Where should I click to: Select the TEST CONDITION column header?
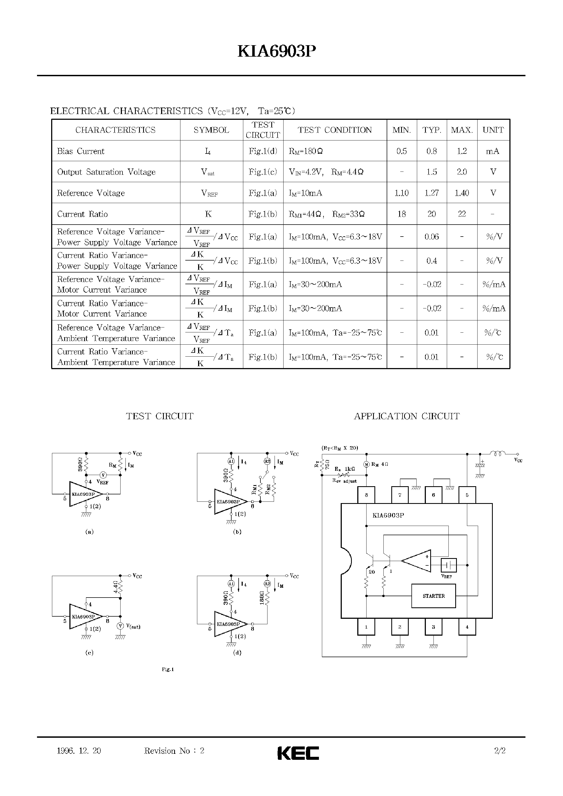click(334, 130)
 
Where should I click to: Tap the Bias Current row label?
click(81, 151)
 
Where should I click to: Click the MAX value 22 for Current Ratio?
click(462, 214)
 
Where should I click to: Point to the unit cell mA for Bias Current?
click(493, 151)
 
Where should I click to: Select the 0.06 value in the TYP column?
click(432, 237)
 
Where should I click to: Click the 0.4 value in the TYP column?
click(432, 261)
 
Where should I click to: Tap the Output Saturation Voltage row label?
click(106, 172)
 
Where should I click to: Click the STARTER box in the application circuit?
click(433, 596)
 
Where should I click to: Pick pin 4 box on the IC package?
click(467, 627)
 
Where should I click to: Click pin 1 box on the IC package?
click(366, 627)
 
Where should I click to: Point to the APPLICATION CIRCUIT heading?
click(407, 416)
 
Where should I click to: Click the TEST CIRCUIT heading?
click(159, 416)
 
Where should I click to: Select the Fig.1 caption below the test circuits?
click(168, 669)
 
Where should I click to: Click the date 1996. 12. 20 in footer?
click(79, 751)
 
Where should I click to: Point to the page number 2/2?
click(500, 751)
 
